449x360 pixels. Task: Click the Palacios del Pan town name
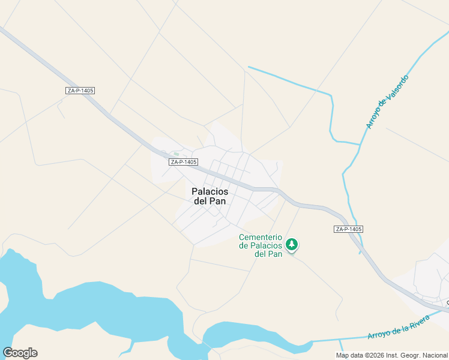pos(209,196)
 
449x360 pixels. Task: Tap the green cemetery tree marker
pos(292,244)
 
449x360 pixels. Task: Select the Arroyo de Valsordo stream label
pos(387,102)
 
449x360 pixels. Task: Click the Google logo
pos(20,353)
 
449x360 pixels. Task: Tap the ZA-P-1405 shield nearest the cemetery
pos(348,229)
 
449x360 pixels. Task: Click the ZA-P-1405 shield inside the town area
pos(183,162)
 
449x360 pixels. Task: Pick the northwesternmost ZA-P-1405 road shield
pos(80,91)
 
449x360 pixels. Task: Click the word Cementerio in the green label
pos(261,237)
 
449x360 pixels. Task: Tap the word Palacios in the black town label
pos(209,191)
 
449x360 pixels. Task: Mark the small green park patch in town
pos(175,154)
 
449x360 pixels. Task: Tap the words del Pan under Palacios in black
pos(210,201)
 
